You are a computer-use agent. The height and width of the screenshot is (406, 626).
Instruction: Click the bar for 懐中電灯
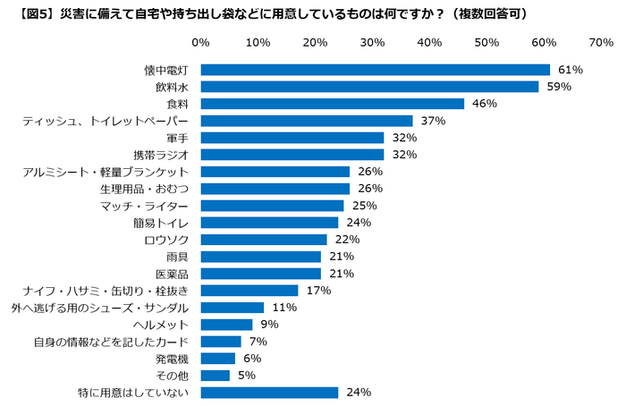point(375,70)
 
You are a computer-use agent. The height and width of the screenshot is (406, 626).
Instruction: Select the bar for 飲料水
point(369,87)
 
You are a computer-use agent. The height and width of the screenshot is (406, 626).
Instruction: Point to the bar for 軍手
point(292,138)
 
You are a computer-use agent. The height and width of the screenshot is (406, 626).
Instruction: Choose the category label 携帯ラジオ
point(162,155)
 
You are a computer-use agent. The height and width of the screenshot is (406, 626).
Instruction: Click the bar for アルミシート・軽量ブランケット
point(275,172)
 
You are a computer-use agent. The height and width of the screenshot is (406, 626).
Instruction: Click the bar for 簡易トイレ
point(269,223)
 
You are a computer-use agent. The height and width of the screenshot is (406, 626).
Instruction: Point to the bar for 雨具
point(261,257)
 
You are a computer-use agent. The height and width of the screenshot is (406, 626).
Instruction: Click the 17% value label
point(317,291)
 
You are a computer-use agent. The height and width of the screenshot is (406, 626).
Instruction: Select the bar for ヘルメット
point(227,325)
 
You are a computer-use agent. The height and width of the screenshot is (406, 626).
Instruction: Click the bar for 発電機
point(218,359)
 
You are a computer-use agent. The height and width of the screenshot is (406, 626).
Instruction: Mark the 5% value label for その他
point(246,376)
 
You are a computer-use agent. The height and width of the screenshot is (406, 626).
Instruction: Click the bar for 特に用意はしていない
point(269,393)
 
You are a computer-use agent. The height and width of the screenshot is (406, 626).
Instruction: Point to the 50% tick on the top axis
point(486,42)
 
